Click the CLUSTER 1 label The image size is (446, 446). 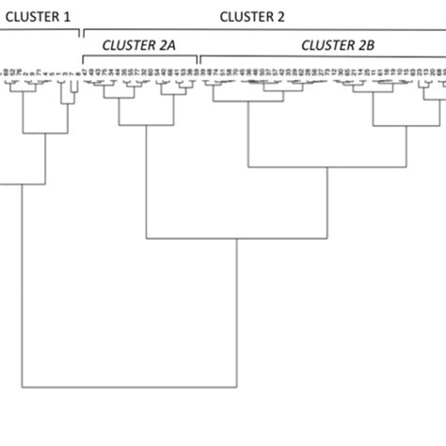(x=37, y=16)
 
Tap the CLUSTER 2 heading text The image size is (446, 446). (x=251, y=16)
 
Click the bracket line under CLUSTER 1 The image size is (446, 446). (x=38, y=32)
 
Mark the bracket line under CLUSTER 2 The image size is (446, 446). (x=263, y=32)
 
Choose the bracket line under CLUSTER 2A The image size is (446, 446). (x=140, y=58)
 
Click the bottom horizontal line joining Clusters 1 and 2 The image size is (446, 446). (x=128, y=387)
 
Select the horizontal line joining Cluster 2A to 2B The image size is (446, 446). (x=235, y=238)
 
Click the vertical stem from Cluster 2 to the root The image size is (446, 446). (x=234, y=311)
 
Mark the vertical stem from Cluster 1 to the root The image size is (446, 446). (x=22, y=282)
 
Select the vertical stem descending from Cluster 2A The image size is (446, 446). (x=146, y=179)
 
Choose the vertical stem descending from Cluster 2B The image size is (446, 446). (x=327, y=202)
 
